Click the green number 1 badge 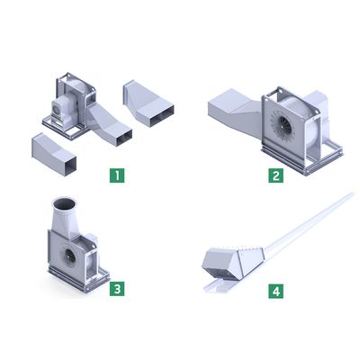(117, 175)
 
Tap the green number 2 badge (275, 175)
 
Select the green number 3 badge (117, 289)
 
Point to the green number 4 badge (275, 291)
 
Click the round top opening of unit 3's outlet (65, 203)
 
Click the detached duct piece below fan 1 (54, 155)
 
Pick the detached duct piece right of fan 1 (148, 103)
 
